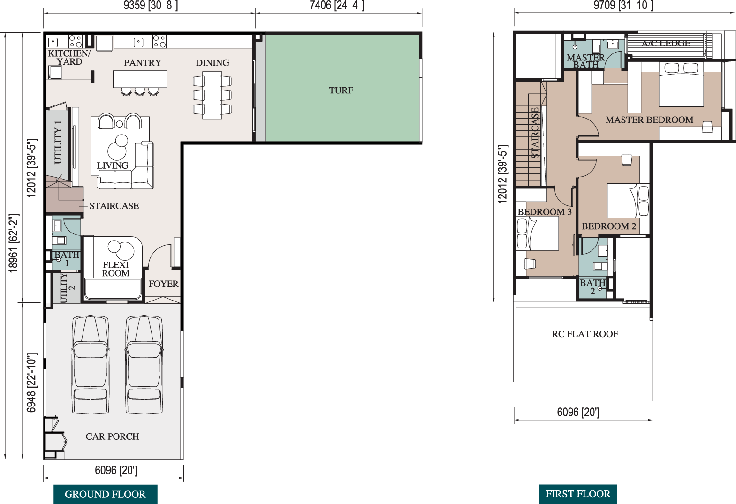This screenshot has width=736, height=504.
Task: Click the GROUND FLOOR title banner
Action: pyautogui.click(x=105, y=494)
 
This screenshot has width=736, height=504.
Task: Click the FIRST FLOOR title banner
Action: pyautogui.click(x=578, y=494)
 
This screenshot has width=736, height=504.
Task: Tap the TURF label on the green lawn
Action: pyautogui.click(x=341, y=90)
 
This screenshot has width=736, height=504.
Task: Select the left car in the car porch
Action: pyautogui.click(x=91, y=364)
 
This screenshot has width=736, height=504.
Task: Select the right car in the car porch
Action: pyautogui.click(x=144, y=364)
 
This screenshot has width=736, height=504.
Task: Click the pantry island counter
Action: pyautogui.click(x=140, y=79)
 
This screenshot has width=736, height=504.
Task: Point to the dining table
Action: pyautogui.click(x=212, y=95)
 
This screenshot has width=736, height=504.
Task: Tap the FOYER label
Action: pyautogui.click(x=163, y=284)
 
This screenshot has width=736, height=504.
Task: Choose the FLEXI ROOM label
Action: pyautogui.click(x=116, y=269)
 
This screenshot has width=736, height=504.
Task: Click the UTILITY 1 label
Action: pyautogui.click(x=58, y=142)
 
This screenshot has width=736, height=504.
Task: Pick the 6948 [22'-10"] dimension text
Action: pyautogui.click(x=31, y=383)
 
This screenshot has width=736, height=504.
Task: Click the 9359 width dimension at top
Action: pyautogui.click(x=151, y=5)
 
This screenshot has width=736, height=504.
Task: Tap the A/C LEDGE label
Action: pyautogui.click(x=666, y=43)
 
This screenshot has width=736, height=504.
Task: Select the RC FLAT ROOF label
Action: pyautogui.click(x=585, y=334)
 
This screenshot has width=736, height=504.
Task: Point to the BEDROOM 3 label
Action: pyautogui.click(x=545, y=212)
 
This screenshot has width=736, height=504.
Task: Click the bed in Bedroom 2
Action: pyautogui.click(x=628, y=200)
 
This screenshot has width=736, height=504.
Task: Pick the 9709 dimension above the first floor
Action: pyautogui.click(x=623, y=5)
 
